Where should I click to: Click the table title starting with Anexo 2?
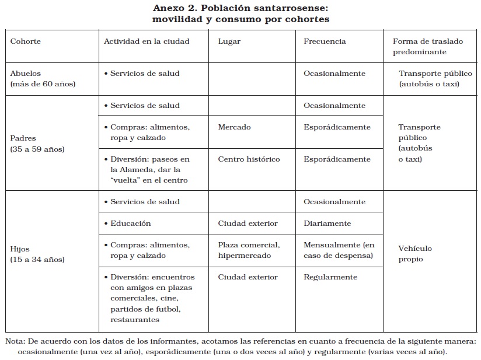tap(240, 14)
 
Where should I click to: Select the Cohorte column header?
tap(26, 41)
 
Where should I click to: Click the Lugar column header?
tap(229, 41)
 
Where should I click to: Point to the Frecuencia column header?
tap(325, 41)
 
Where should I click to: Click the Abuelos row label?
tap(43, 79)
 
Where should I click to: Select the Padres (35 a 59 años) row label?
tap(37, 144)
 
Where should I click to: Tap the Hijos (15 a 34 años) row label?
tap(37, 254)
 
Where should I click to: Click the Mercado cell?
tap(234, 127)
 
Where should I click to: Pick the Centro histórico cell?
tap(249, 159)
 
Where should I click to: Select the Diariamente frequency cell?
tap(327, 223)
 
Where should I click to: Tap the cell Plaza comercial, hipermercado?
tap(249, 250)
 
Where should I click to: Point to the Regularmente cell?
tap(330, 277)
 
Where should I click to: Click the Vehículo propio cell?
tap(415, 254)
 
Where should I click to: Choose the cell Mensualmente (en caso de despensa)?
tap(339, 250)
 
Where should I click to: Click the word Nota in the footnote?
tap(15, 341)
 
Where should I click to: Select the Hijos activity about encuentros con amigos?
tap(152, 298)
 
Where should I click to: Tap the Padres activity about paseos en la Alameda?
tap(149, 170)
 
